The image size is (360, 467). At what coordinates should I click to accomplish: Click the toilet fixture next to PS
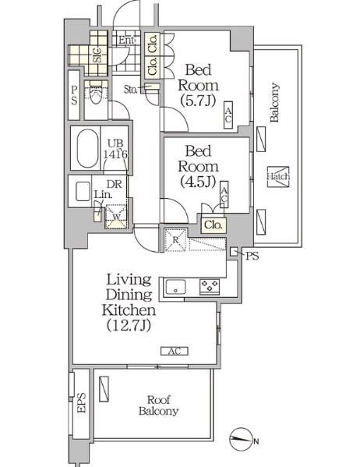tap(96, 93)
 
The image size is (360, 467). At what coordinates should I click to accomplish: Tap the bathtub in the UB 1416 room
tap(87, 148)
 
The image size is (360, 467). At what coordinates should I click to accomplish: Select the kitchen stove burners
tap(210, 286)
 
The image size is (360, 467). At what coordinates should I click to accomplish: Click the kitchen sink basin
tap(175, 287)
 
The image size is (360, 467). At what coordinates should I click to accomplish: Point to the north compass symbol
tap(240, 439)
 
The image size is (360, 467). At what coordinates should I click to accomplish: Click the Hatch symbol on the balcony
tap(278, 177)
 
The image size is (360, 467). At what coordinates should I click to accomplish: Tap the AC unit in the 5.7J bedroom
tap(228, 115)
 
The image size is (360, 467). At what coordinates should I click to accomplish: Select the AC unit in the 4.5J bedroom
tap(224, 194)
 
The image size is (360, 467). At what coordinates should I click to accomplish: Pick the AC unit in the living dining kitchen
tap(175, 351)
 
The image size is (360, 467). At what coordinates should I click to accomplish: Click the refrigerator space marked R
tap(175, 240)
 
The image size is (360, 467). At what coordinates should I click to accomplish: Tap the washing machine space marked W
tap(116, 217)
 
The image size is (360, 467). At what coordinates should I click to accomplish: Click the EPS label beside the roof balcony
tap(81, 403)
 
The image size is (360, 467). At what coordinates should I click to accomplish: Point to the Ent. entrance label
tap(127, 41)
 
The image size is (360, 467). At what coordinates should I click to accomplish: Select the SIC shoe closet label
tap(97, 55)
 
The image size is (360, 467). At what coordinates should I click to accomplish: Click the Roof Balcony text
tap(159, 405)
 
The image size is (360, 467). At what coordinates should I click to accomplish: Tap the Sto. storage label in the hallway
tap(130, 89)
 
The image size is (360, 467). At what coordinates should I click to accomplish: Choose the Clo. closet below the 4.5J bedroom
tap(214, 225)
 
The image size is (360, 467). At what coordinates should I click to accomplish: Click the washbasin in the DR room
tap(83, 191)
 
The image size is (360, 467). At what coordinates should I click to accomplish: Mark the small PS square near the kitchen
tap(234, 251)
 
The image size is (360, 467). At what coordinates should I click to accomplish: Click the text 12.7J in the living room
tap(129, 326)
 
